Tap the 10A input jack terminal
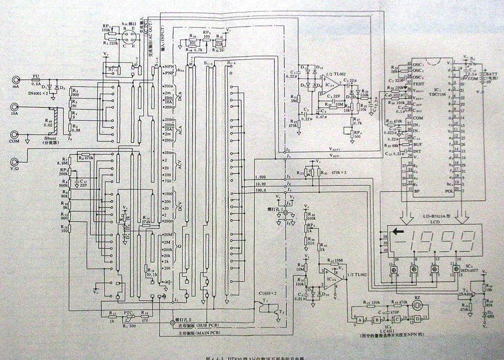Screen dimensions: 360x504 (x=16, y=108)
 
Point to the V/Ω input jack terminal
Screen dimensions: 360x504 (x=16, y=161)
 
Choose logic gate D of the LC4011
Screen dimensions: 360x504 (x=417, y=319)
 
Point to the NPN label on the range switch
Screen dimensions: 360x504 (x=170, y=66)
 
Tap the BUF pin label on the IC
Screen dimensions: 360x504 (x=417, y=144)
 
